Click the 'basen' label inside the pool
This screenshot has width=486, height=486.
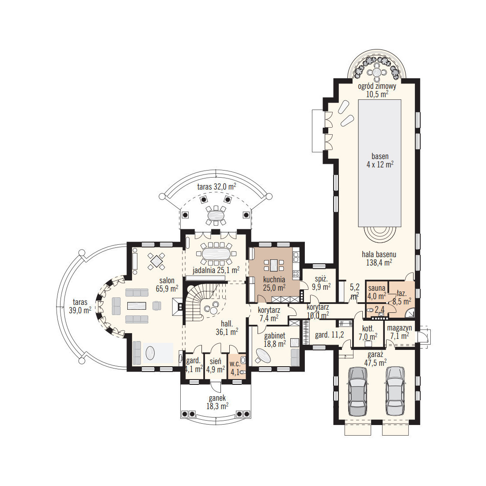coord(380,156)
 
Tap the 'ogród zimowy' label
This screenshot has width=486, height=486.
coord(377,86)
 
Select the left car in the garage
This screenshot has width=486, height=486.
coord(358,391)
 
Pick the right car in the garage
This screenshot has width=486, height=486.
coord(395,391)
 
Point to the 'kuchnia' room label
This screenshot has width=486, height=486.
coord(274,280)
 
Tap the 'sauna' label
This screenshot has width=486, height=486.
coord(376,288)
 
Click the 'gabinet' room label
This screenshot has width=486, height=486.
coord(275,336)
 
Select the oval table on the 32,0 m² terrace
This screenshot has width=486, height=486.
coord(216,215)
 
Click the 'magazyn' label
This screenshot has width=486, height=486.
coord(399,328)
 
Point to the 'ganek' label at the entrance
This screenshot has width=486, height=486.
coord(217,398)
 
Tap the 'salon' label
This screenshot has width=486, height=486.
coord(167,281)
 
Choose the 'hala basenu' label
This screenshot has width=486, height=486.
coord(379,254)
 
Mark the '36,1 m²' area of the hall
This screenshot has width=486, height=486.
coord(227,332)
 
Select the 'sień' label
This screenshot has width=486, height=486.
coord(216,361)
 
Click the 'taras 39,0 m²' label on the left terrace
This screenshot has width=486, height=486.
coord(80,306)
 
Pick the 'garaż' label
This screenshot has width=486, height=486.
coord(376,355)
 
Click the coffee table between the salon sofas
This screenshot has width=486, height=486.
coord(137,306)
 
